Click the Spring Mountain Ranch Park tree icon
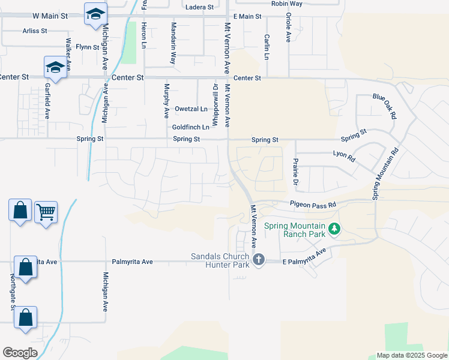(x=335, y=229)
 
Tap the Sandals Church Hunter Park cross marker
(x=259, y=260)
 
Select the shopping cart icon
(x=46, y=212)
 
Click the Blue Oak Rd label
(x=385, y=105)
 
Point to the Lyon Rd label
(x=345, y=157)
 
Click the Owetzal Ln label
(x=191, y=109)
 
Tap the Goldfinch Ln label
(x=191, y=127)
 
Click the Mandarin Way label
(x=173, y=44)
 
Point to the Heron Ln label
(x=143, y=36)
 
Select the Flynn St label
(x=87, y=47)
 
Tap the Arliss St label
(x=34, y=31)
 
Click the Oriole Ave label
(x=288, y=27)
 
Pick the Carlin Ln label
(x=266, y=46)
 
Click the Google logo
(x=20, y=352)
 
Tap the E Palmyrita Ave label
(x=306, y=256)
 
